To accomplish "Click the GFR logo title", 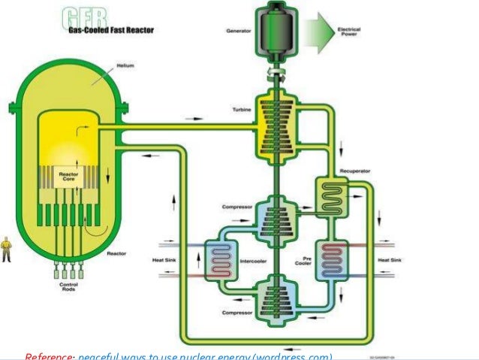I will point(84,17).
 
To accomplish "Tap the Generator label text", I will point(239,32).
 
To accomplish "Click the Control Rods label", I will point(68,288).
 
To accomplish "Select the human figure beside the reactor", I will point(7,248).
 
